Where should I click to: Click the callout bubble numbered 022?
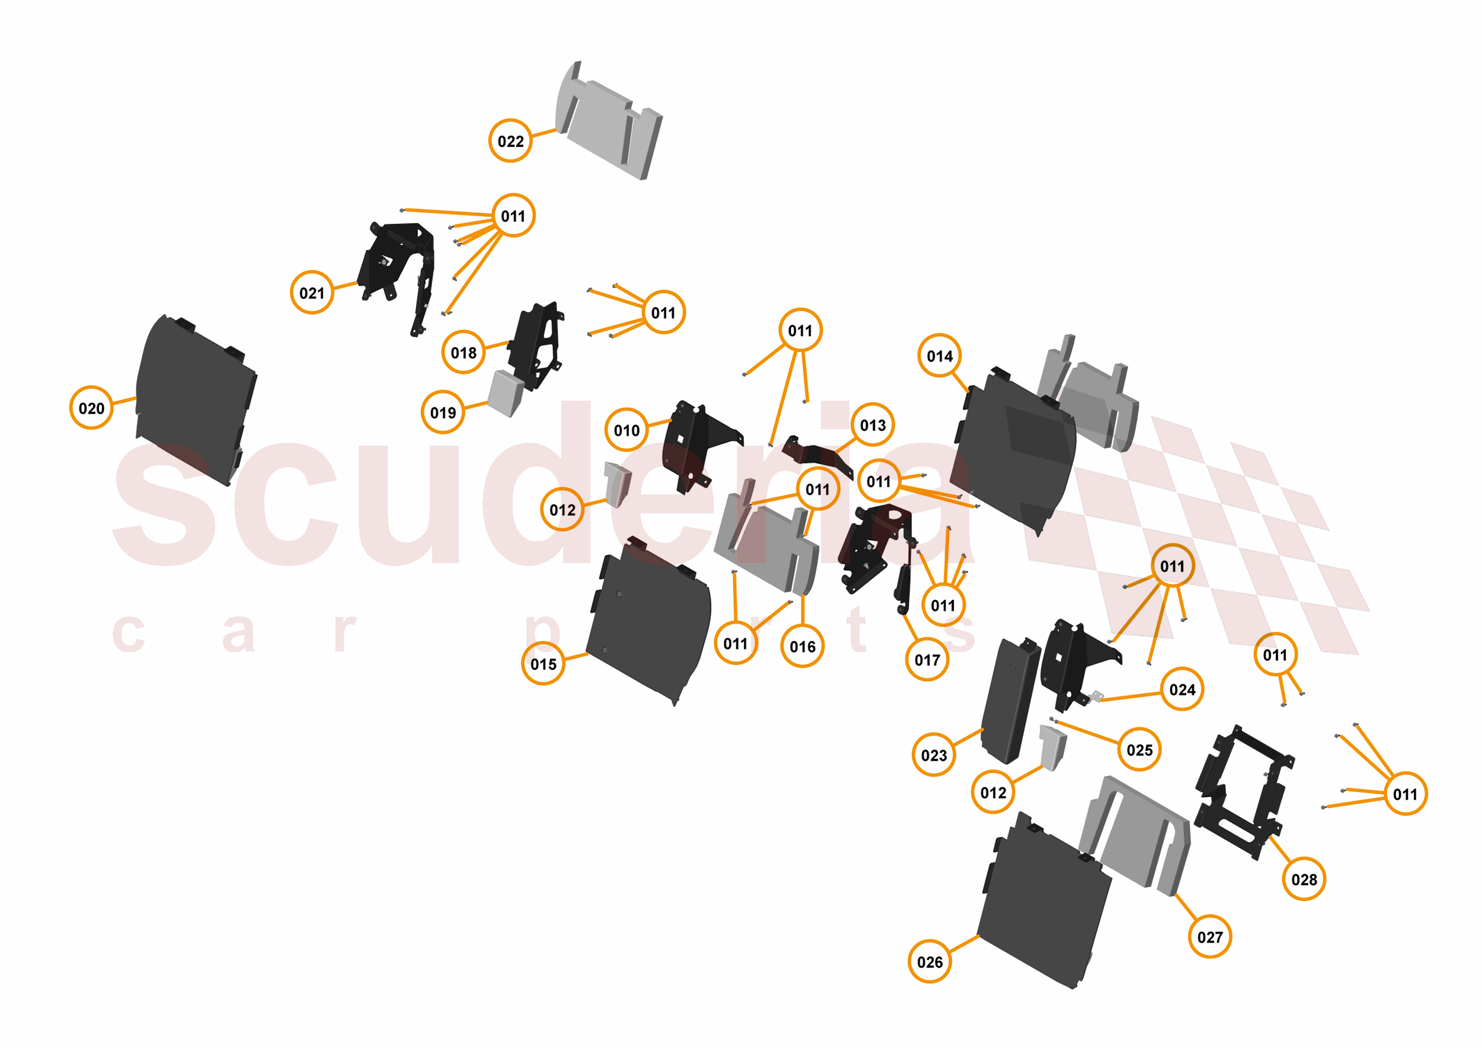tap(510, 140)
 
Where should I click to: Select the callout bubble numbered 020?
tap(92, 408)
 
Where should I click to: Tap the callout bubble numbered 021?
tap(312, 293)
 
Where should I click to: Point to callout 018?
tap(464, 352)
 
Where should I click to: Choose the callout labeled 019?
tap(443, 413)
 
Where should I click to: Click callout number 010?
tap(627, 430)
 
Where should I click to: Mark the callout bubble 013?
tap(873, 425)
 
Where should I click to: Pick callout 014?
tap(940, 356)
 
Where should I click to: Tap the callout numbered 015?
tap(544, 663)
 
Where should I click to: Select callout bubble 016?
tap(802, 646)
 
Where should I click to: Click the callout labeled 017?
tap(928, 660)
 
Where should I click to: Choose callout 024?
tap(1183, 689)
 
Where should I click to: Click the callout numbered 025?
tap(1140, 750)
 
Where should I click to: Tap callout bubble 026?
tap(930, 962)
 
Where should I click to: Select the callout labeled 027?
tap(1210, 937)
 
